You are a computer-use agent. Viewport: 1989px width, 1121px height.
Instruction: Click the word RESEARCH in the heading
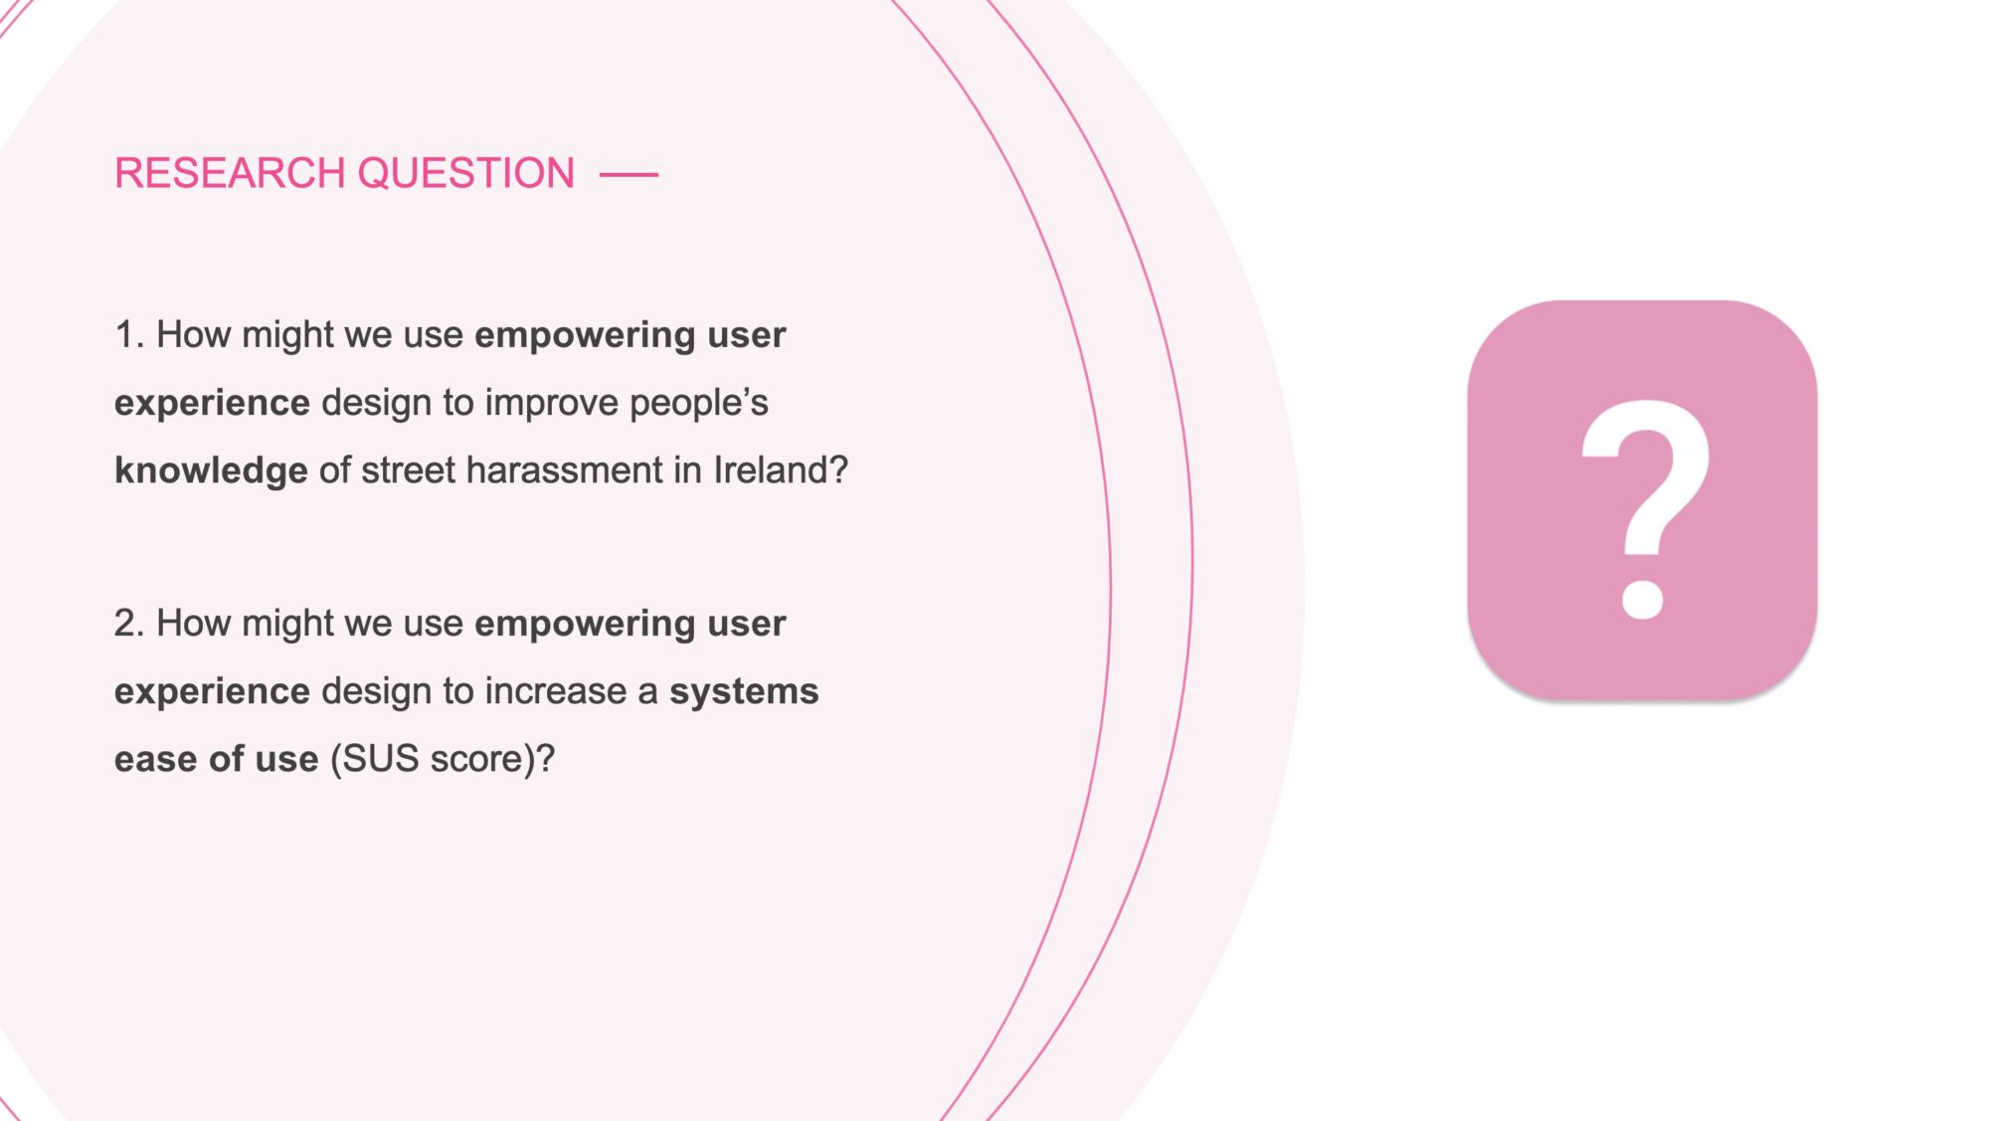pos(230,173)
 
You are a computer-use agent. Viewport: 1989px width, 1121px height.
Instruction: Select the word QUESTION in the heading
pos(465,173)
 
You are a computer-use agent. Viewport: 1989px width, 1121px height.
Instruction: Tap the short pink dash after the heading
pos(629,174)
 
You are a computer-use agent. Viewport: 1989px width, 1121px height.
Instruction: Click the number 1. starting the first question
pos(129,335)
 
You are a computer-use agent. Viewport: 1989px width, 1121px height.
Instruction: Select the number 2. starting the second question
pos(129,624)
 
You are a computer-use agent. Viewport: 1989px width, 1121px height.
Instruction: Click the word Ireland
pos(771,470)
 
